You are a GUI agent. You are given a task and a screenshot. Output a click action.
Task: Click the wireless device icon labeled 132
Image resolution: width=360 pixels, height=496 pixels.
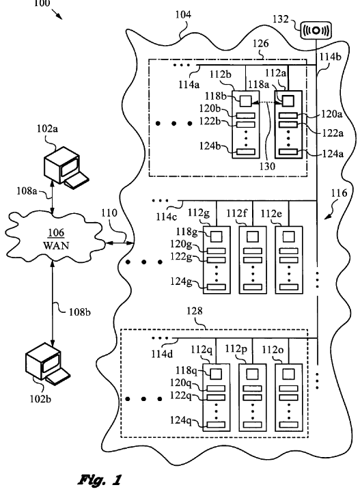[x=316, y=30]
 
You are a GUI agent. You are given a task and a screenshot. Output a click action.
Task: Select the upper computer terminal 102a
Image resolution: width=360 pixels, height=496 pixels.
[x=66, y=167]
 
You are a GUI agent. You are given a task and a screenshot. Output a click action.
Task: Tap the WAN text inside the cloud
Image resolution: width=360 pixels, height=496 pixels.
[x=56, y=245]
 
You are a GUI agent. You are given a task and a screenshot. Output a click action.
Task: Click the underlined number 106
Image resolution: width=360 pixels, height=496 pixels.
[x=56, y=233]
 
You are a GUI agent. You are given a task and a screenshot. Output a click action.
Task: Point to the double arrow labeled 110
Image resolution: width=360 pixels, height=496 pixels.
[x=119, y=243]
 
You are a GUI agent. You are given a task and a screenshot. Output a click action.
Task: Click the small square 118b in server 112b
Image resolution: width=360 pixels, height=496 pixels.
[x=245, y=101]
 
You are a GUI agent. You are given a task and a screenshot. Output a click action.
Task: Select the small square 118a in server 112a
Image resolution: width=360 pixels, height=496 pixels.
[x=288, y=101]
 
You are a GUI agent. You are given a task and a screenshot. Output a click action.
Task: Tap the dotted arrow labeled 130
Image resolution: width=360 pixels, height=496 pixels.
[x=266, y=102]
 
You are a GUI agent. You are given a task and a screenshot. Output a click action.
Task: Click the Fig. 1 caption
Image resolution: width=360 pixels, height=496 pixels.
[x=100, y=480]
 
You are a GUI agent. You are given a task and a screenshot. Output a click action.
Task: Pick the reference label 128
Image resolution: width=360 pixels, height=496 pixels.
[x=194, y=311]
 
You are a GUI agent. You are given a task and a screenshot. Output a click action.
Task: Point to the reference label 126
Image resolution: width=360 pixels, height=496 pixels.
[x=260, y=43]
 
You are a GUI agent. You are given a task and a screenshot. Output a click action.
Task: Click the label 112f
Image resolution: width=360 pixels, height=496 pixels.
[x=236, y=213]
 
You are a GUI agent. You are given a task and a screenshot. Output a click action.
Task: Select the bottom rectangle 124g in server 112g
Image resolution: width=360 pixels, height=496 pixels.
[x=217, y=287]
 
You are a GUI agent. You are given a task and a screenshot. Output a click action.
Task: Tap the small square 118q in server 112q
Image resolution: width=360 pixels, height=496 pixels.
[x=216, y=374]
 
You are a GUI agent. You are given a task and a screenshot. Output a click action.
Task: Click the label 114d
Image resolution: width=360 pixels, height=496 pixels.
[x=162, y=353]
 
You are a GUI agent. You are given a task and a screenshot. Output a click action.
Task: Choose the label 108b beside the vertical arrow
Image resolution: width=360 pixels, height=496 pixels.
[x=80, y=312]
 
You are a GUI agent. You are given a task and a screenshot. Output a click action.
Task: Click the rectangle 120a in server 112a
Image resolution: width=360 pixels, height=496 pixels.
[x=288, y=115]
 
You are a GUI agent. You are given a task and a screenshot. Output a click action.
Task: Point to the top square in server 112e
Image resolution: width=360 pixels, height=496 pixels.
[x=288, y=236]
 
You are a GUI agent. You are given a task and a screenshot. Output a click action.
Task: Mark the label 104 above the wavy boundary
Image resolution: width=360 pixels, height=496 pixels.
[x=183, y=14]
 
